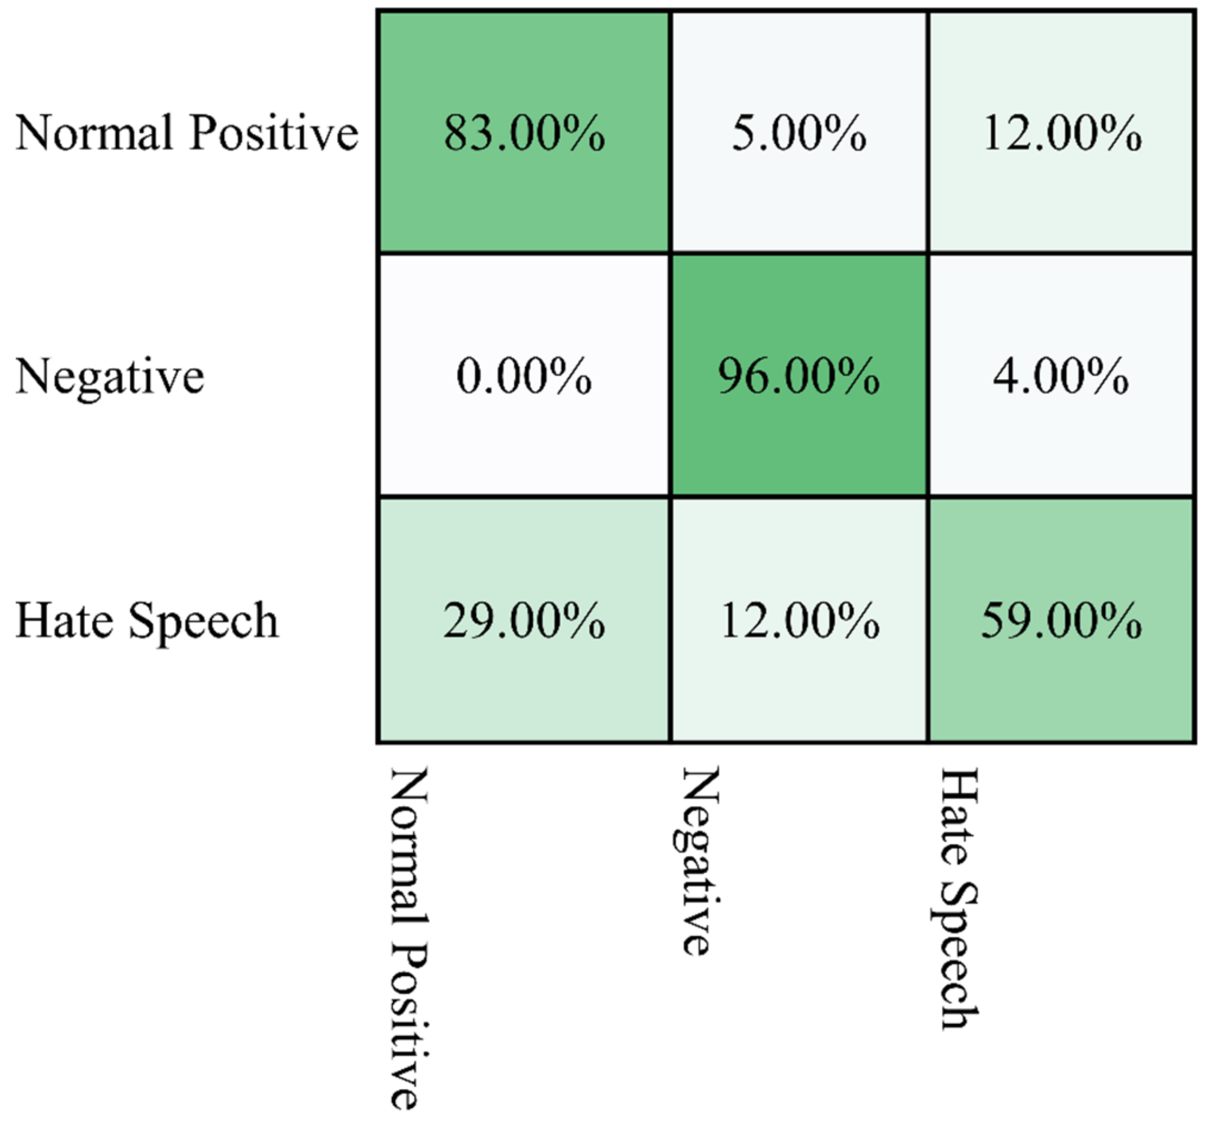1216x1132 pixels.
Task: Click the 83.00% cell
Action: [524, 133]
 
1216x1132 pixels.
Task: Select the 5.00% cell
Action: [799, 133]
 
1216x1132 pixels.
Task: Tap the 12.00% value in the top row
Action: [1062, 133]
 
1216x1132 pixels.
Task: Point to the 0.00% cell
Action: [524, 376]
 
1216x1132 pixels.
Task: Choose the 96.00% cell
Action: [799, 376]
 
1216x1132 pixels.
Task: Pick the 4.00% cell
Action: [1061, 376]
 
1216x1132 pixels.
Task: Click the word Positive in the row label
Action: [274, 133]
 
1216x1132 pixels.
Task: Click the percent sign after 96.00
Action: [860, 376]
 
